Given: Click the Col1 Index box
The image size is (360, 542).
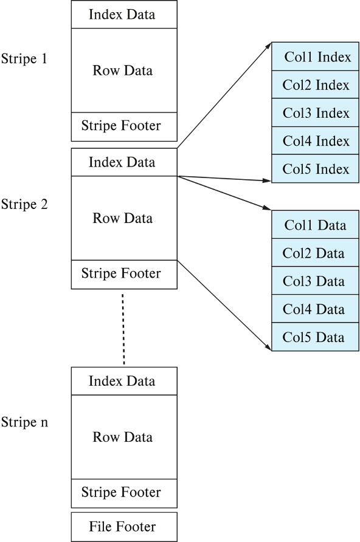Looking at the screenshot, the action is [315, 57].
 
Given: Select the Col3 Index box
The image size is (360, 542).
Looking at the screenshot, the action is [315, 112].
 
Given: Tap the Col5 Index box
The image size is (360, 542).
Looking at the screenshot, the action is [315, 169].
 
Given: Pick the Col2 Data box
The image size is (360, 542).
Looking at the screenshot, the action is [315, 253].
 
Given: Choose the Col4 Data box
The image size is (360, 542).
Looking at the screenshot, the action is [315, 309].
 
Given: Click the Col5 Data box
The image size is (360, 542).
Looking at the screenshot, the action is [315, 337].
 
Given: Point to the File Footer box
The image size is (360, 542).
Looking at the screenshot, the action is [124, 527].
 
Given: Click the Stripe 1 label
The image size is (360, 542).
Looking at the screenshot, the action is [24, 58].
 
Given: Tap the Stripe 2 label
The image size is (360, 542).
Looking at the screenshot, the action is [24, 204].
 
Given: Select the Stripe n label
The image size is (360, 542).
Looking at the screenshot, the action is [24, 422].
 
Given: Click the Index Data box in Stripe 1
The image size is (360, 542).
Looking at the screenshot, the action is [124, 14].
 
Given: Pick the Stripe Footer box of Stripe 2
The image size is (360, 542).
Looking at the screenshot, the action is [124, 275].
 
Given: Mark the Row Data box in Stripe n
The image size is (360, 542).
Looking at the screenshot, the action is [124, 437].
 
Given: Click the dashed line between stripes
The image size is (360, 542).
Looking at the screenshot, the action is [123, 329].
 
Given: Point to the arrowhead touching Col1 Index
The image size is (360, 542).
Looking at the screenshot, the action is [268, 46].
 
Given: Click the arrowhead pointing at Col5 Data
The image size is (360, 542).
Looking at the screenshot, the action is [268, 347].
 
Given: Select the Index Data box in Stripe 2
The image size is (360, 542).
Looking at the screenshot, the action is [124, 162].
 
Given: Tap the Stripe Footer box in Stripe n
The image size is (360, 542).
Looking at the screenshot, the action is [124, 493].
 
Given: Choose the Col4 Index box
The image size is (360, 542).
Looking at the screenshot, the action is [315, 141].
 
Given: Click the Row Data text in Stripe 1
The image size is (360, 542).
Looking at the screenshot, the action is [122, 70].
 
